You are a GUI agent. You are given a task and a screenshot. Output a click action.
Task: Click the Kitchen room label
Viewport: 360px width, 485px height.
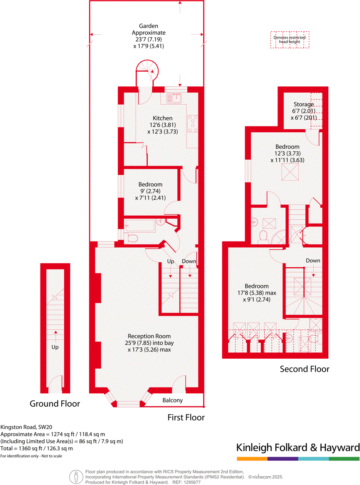coord(162,118)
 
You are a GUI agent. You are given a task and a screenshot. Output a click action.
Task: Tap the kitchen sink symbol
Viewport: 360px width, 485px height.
coord(173,98)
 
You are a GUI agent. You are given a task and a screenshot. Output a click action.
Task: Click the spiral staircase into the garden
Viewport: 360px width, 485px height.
coord(147,71)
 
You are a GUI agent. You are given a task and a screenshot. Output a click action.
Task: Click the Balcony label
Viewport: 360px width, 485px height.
coord(172,400)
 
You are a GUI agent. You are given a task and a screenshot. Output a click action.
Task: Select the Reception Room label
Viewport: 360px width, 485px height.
coord(149,336)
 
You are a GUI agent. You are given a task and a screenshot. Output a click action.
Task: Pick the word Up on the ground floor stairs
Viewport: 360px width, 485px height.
coord(55,347)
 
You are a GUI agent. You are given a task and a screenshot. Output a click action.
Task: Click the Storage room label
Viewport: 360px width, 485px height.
coord(303,104)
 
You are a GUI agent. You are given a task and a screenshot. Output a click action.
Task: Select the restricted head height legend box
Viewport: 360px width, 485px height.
coord(290,40)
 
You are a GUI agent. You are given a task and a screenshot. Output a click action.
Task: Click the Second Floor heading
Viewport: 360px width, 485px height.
coord(304,369)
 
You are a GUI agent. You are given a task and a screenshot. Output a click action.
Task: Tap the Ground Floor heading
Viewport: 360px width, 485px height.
coord(55,404)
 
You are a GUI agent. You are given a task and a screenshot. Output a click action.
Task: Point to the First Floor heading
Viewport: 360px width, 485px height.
coord(186,417)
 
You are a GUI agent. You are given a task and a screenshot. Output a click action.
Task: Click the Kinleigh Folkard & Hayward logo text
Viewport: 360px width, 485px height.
coord(298,448)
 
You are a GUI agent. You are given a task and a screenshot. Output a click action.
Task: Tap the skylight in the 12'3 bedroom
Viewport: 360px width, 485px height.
coord(288,172)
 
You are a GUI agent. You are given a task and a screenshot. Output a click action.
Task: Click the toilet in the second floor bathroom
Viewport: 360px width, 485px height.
coord(263,236)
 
